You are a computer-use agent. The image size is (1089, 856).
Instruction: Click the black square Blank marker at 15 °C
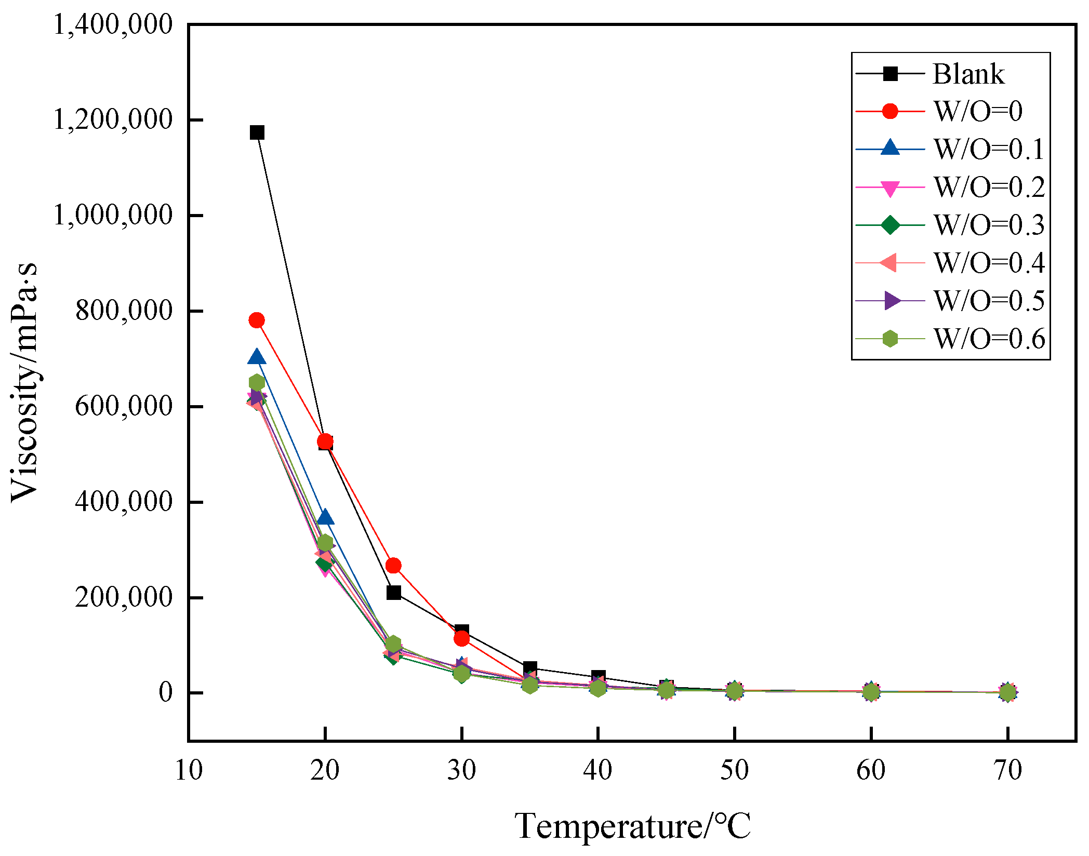tap(257, 132)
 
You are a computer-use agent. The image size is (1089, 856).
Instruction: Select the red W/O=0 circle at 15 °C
tap(256, 320)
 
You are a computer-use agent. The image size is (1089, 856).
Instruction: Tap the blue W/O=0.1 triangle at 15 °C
tap(256, 357)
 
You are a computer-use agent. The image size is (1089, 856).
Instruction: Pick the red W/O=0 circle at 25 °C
tap(393, 566)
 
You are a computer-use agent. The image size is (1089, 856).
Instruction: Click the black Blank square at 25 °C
tap(393, 592)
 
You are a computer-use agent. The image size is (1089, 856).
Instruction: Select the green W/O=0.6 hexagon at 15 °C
tap(257, 383)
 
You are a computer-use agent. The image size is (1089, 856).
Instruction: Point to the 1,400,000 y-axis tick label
tap(113, 24)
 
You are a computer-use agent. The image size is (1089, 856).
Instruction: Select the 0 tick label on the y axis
tap(166, 692)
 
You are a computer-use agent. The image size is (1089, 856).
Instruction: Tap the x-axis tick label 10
tap(189, 770)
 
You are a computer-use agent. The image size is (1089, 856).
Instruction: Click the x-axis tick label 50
tap(734, 770)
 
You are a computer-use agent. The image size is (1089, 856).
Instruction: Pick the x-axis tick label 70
tap(1007, 770)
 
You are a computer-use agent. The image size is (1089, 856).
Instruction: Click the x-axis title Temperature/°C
tap(632, 826)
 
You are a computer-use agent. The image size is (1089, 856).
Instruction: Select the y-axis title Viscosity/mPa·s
tap(24, 383)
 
